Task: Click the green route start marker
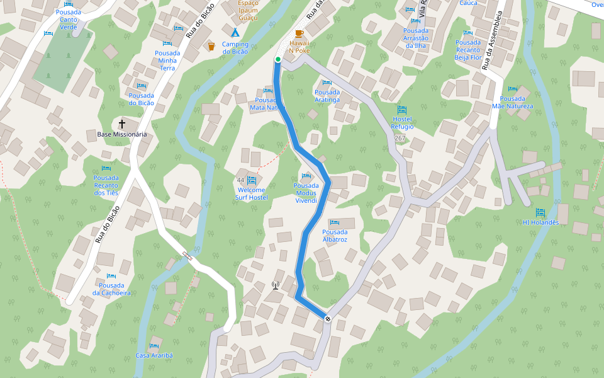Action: tap(277, 59)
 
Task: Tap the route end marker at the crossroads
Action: tap(328, 318)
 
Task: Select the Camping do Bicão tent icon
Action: tap(235, 32)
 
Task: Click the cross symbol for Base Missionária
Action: tap(121, 123)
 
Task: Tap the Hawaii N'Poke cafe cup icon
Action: tap(299, 33)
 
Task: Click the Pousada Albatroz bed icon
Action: tap(335, 222)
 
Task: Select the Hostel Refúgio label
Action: tap(403, 123)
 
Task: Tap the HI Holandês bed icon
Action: tap(540, 212)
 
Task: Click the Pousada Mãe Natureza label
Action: tap(512, 102)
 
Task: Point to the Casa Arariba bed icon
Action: tap(154, 346)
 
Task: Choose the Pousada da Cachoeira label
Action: tap(111, 289)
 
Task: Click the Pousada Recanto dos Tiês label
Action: tap(106, 185)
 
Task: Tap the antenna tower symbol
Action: tap(275, 285)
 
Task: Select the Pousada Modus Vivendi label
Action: tap(306, 193)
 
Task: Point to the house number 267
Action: tap(400, 137)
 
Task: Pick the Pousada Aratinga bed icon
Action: tap(327, 83)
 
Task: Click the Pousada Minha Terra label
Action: tap(167, 60)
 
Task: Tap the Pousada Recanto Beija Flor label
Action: tap(467, 50)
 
